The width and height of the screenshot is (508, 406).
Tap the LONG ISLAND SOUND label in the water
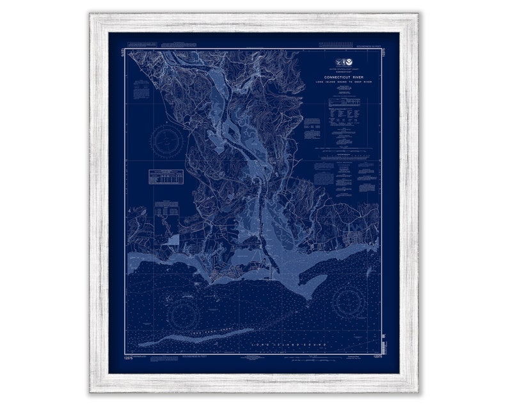pos(292,345)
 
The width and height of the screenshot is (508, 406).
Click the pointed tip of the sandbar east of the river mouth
pos(310,297)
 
